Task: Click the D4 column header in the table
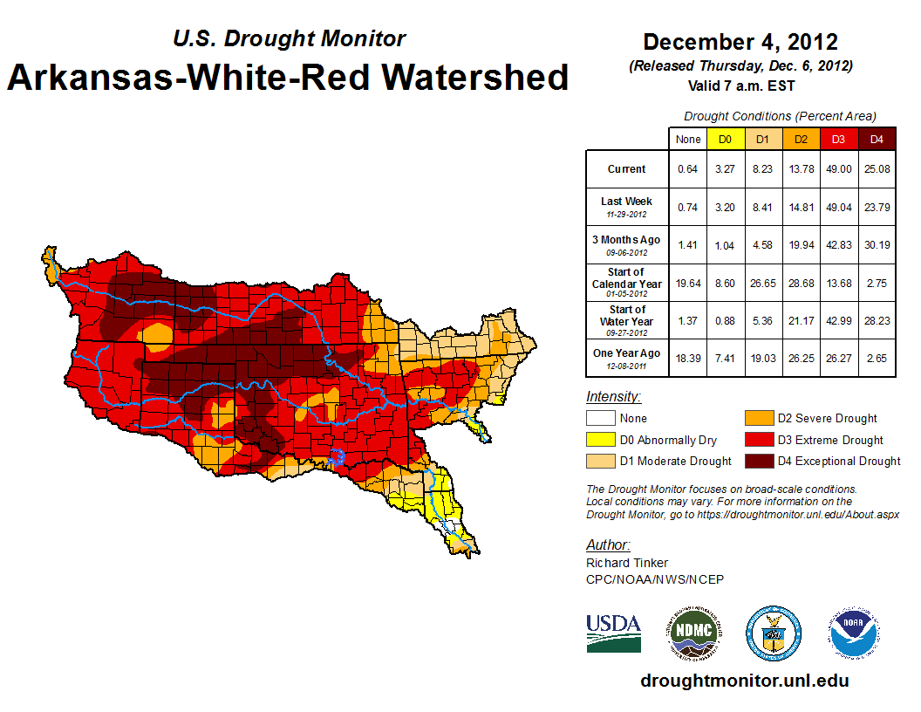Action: pos(877,139)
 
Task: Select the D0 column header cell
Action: pos(725,139)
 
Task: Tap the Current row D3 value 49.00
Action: pos(838,169)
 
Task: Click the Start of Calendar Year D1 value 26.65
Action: pos(762,283)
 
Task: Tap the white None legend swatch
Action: pos(600,419)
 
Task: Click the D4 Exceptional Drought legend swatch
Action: pos(757,461)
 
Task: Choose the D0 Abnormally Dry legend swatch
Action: pos(600,440)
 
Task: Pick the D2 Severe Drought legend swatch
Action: pos(757,419)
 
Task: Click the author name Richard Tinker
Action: pos(627,563)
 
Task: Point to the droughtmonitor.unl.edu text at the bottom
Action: pos(744,681)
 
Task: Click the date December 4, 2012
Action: pos(740,42)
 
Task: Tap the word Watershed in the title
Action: pos(471,77)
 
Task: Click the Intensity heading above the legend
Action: pos(613,397)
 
